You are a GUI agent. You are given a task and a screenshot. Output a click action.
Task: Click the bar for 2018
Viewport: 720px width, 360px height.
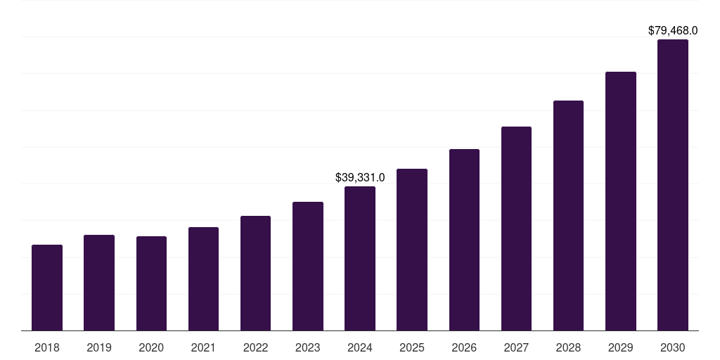(x=47, y=288)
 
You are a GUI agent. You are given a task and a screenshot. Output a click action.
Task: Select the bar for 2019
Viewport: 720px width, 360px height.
(x=99, y=283)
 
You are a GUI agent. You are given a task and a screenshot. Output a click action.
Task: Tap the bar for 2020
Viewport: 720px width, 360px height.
(x=151, y=283)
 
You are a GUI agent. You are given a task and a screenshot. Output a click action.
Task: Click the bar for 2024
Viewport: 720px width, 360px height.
(x=360, y=258)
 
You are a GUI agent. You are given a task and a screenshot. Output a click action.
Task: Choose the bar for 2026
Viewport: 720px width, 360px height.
(x=464, y=240)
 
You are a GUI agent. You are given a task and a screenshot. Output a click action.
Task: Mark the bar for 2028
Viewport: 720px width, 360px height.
(x=568, y=215)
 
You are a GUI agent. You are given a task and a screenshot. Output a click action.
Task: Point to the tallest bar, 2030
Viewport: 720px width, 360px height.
(x=673, y=185)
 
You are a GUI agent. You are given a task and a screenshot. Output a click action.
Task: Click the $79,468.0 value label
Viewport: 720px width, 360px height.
(x=673, y=31)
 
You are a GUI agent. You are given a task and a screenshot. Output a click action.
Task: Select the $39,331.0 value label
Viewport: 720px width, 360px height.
(x=360, y=178)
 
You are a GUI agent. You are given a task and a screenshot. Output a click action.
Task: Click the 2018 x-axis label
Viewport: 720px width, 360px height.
(x=47, y=347)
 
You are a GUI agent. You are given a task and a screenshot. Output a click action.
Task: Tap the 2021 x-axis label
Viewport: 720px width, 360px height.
(x=203, y=347)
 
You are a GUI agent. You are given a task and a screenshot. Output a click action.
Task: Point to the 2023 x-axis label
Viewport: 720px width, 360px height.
(x=308, y=347)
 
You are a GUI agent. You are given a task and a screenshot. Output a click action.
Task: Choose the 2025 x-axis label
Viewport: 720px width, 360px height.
(x=412, y=347)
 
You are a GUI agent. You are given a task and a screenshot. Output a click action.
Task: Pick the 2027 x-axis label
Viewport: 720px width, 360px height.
(x=516, y=347)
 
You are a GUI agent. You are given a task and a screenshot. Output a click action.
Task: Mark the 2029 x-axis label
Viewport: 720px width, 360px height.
(x=621, y=347)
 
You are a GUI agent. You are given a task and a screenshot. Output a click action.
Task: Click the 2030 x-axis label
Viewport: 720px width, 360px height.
(x=673, y=347)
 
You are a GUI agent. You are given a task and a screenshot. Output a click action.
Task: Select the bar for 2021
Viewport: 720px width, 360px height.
(x=203, y=278)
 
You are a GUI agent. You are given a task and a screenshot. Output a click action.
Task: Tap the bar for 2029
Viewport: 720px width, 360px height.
(x=621, y=201)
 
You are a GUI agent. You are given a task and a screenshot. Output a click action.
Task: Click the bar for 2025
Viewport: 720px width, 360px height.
(x=412, y=250)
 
